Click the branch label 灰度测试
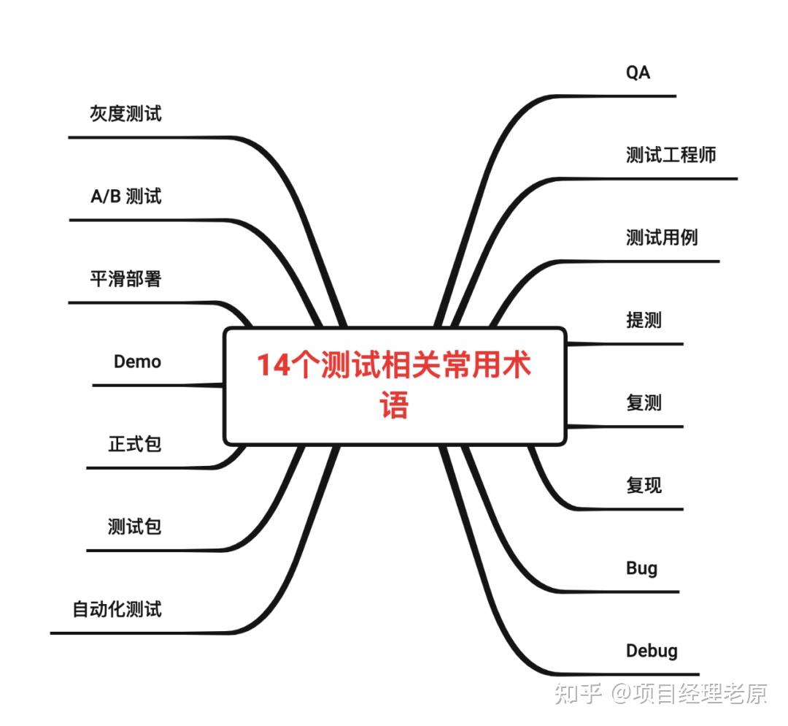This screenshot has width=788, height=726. pyautogui.click(x=125, y=114)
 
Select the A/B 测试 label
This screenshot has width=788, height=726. pyautogui.click(x=125, y=196)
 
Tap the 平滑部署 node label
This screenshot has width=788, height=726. pyautogui.click(x=125, y=279)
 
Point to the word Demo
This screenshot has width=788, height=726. pyautogui.click(x=137, y=362)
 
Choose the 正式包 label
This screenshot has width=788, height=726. pyautogui.click(x=134, y=444)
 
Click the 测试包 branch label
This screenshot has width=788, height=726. pyautogui.click(x=134, y=527)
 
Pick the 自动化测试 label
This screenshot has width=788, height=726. pyautogui.click(x=117, y=609)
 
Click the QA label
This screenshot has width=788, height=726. pyautogui.click(x=638, y=72)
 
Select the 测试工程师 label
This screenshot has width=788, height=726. pyautogui.click(x=671, y=155)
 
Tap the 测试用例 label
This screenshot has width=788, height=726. pyautogui.click(x=662, y=237)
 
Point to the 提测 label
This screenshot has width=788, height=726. pyautogui.click(x=644, y=320)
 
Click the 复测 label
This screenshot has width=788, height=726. pyautogui.click(x=644, y=402)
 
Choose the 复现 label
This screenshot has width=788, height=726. pyautogui.click(x=644, y=485)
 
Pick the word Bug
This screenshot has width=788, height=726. pyautogui.click(x=641, y=568)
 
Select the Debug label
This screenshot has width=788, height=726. pyautogui.click(x=652, y=651)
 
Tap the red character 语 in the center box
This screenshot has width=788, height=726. pyautogui.click(x=395, y=406)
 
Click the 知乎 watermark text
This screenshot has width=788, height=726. pyautogui.click(x=577, y=692)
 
